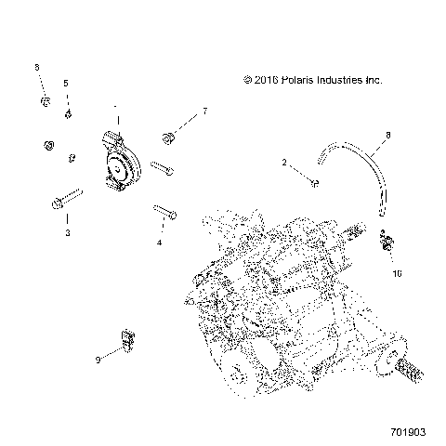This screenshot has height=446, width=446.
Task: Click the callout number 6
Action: [x=37, y=68]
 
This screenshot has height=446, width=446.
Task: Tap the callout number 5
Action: [x=66, y=84]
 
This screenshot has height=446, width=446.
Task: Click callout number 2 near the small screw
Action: [x=284, y=163]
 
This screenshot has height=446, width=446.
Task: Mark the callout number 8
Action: [x=387, y=137]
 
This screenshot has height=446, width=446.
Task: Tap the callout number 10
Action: [x=397, y=275]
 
